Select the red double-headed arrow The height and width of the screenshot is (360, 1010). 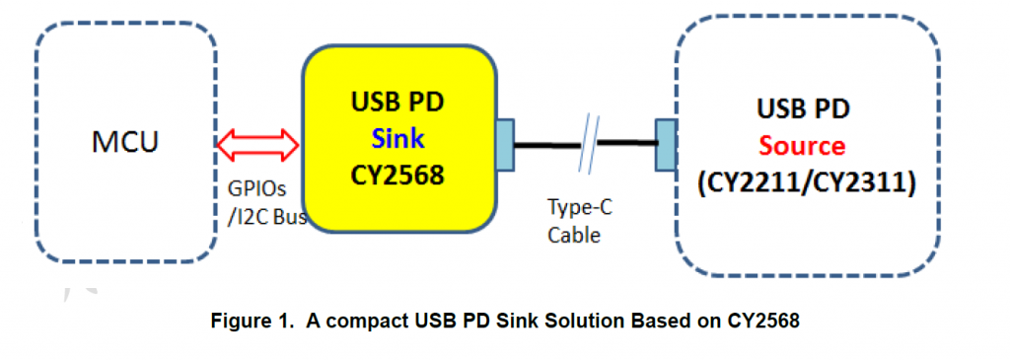coord(257,144)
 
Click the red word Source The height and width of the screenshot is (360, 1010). coord(802,146)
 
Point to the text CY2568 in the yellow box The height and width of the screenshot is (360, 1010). coord(397,174)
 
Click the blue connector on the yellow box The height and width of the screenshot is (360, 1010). coord(505,144)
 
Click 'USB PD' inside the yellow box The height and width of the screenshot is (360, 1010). coord(397,102)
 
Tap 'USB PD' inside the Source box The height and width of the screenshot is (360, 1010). coord(803,108)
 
